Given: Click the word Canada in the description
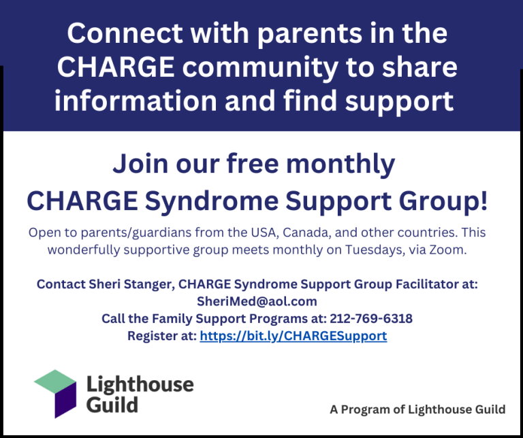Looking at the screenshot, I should point(308,233).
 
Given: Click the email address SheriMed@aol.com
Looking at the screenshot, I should point(261,301).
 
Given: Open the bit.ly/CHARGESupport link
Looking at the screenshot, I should point(293,335).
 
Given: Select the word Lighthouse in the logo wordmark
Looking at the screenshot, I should point(140,385).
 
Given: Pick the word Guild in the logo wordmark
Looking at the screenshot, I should point(112,406).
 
